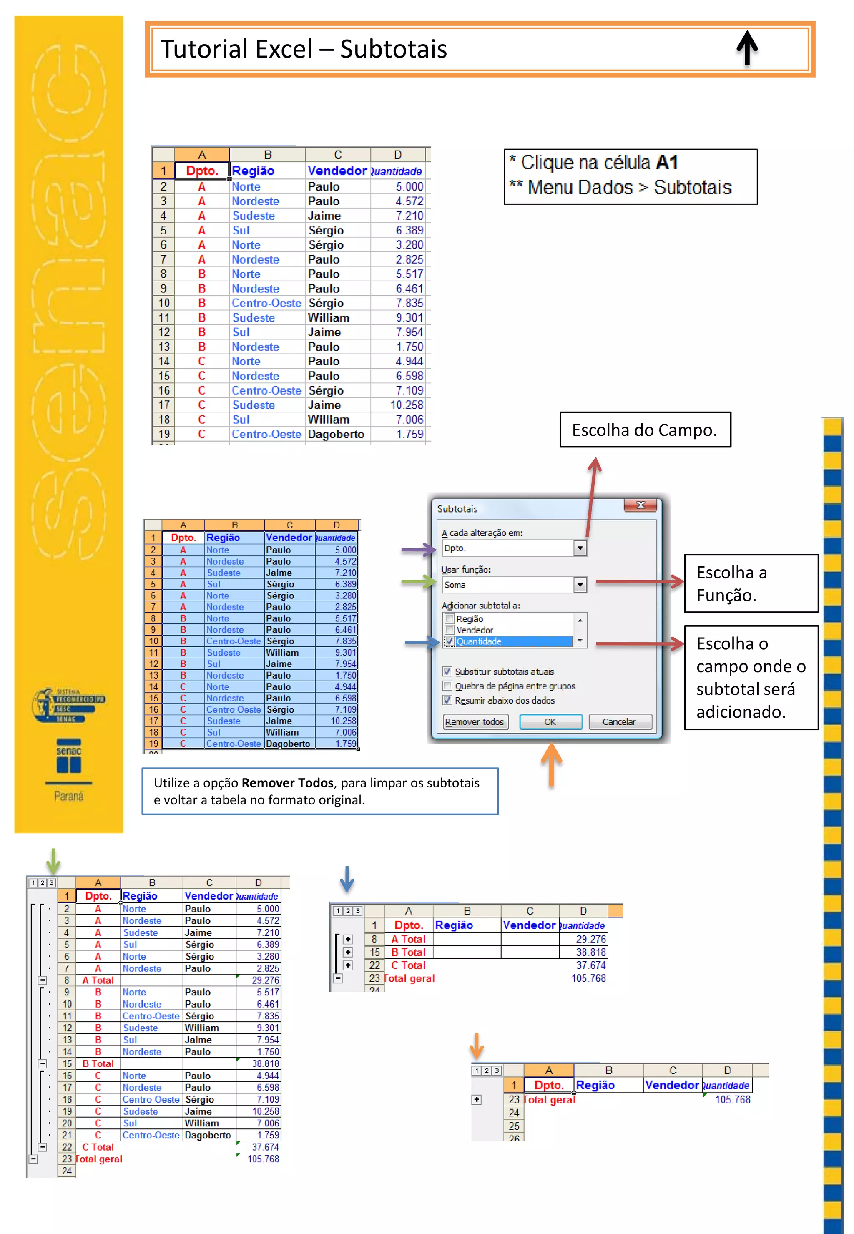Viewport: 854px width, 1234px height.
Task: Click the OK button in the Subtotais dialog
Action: tap(550, 722)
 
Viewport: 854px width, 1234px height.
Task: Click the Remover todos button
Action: tap(475, 722)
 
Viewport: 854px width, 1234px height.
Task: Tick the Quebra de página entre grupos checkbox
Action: tap(448, 686)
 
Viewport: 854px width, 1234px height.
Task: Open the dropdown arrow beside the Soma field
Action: tap(580, 585)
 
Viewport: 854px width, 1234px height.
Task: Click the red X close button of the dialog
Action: tap(640, 505)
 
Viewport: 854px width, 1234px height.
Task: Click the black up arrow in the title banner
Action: tap(747, 48)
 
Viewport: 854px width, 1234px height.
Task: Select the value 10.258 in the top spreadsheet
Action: tap(407, 405)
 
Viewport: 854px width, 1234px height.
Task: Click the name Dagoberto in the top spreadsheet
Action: tap(336, 435)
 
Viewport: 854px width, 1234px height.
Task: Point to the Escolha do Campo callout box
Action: tap(645, 430)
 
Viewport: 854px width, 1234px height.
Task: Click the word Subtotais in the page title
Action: tap(393, 49)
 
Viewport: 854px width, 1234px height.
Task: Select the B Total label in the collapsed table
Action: tap(408, 953)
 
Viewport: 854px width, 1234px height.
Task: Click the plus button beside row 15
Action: tap(348, 953)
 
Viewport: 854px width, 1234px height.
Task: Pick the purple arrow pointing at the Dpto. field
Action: tap(418, 549)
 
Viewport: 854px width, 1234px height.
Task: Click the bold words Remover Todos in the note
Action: tap(287, 783)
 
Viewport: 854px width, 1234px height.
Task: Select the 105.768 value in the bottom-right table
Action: tap(733, 1100)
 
